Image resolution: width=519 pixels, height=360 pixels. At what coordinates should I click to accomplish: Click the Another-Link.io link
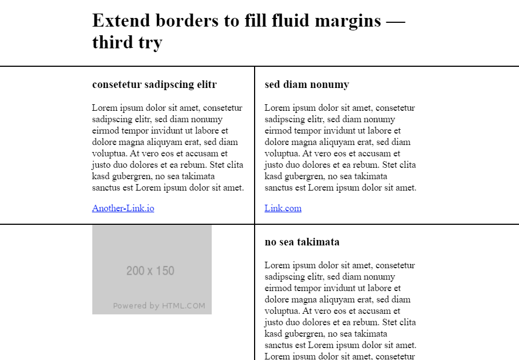tap(123, 208)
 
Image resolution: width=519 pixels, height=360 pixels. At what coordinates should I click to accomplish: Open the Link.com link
tap(283, 208)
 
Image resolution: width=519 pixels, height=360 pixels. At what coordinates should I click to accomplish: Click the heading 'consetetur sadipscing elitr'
tap(154, 85)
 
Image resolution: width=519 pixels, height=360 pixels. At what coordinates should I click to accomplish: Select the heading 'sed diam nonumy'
tap(307, 85)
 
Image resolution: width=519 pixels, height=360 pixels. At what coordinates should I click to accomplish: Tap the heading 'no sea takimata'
tap(302, 242)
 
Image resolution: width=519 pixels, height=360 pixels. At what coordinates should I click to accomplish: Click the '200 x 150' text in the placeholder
tap(150, 270)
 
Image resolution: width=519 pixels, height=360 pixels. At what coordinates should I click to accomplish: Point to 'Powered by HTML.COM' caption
tap(159, 306)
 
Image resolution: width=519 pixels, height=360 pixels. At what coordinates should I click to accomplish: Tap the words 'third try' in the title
tap(127, 42)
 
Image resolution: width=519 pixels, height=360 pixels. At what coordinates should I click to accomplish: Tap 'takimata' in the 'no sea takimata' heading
tap(318, 242)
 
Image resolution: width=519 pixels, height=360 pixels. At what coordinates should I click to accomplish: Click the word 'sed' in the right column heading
tap(272, 85)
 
